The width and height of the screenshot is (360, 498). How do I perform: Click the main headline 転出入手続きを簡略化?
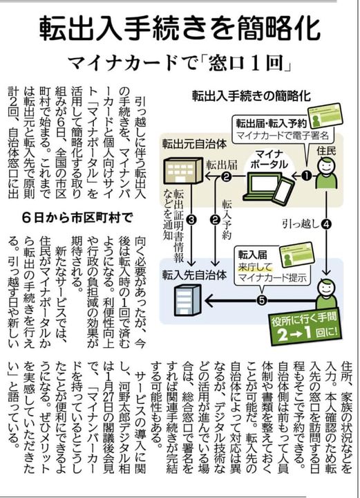click(180, 29)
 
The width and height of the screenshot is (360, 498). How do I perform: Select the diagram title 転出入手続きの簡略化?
click(252, 95)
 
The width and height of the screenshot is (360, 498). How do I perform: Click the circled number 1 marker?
click(306, 176)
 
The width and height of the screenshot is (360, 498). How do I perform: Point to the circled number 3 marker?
click(191, 219)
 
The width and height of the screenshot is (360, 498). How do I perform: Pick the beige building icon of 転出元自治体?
click(183, 171)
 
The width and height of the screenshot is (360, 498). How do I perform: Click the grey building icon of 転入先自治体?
click(188, 299)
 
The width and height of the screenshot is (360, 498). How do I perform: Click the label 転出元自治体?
click(194, 145)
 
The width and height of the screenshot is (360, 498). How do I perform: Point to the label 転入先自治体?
click(194, 275)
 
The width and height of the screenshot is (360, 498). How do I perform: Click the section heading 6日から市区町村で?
click(77, 218)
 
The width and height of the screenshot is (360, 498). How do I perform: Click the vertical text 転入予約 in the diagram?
click(227, 220)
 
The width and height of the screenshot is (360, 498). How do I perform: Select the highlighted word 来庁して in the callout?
click(256, 267)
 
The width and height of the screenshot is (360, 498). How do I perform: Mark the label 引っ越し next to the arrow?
click(301, 225)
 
